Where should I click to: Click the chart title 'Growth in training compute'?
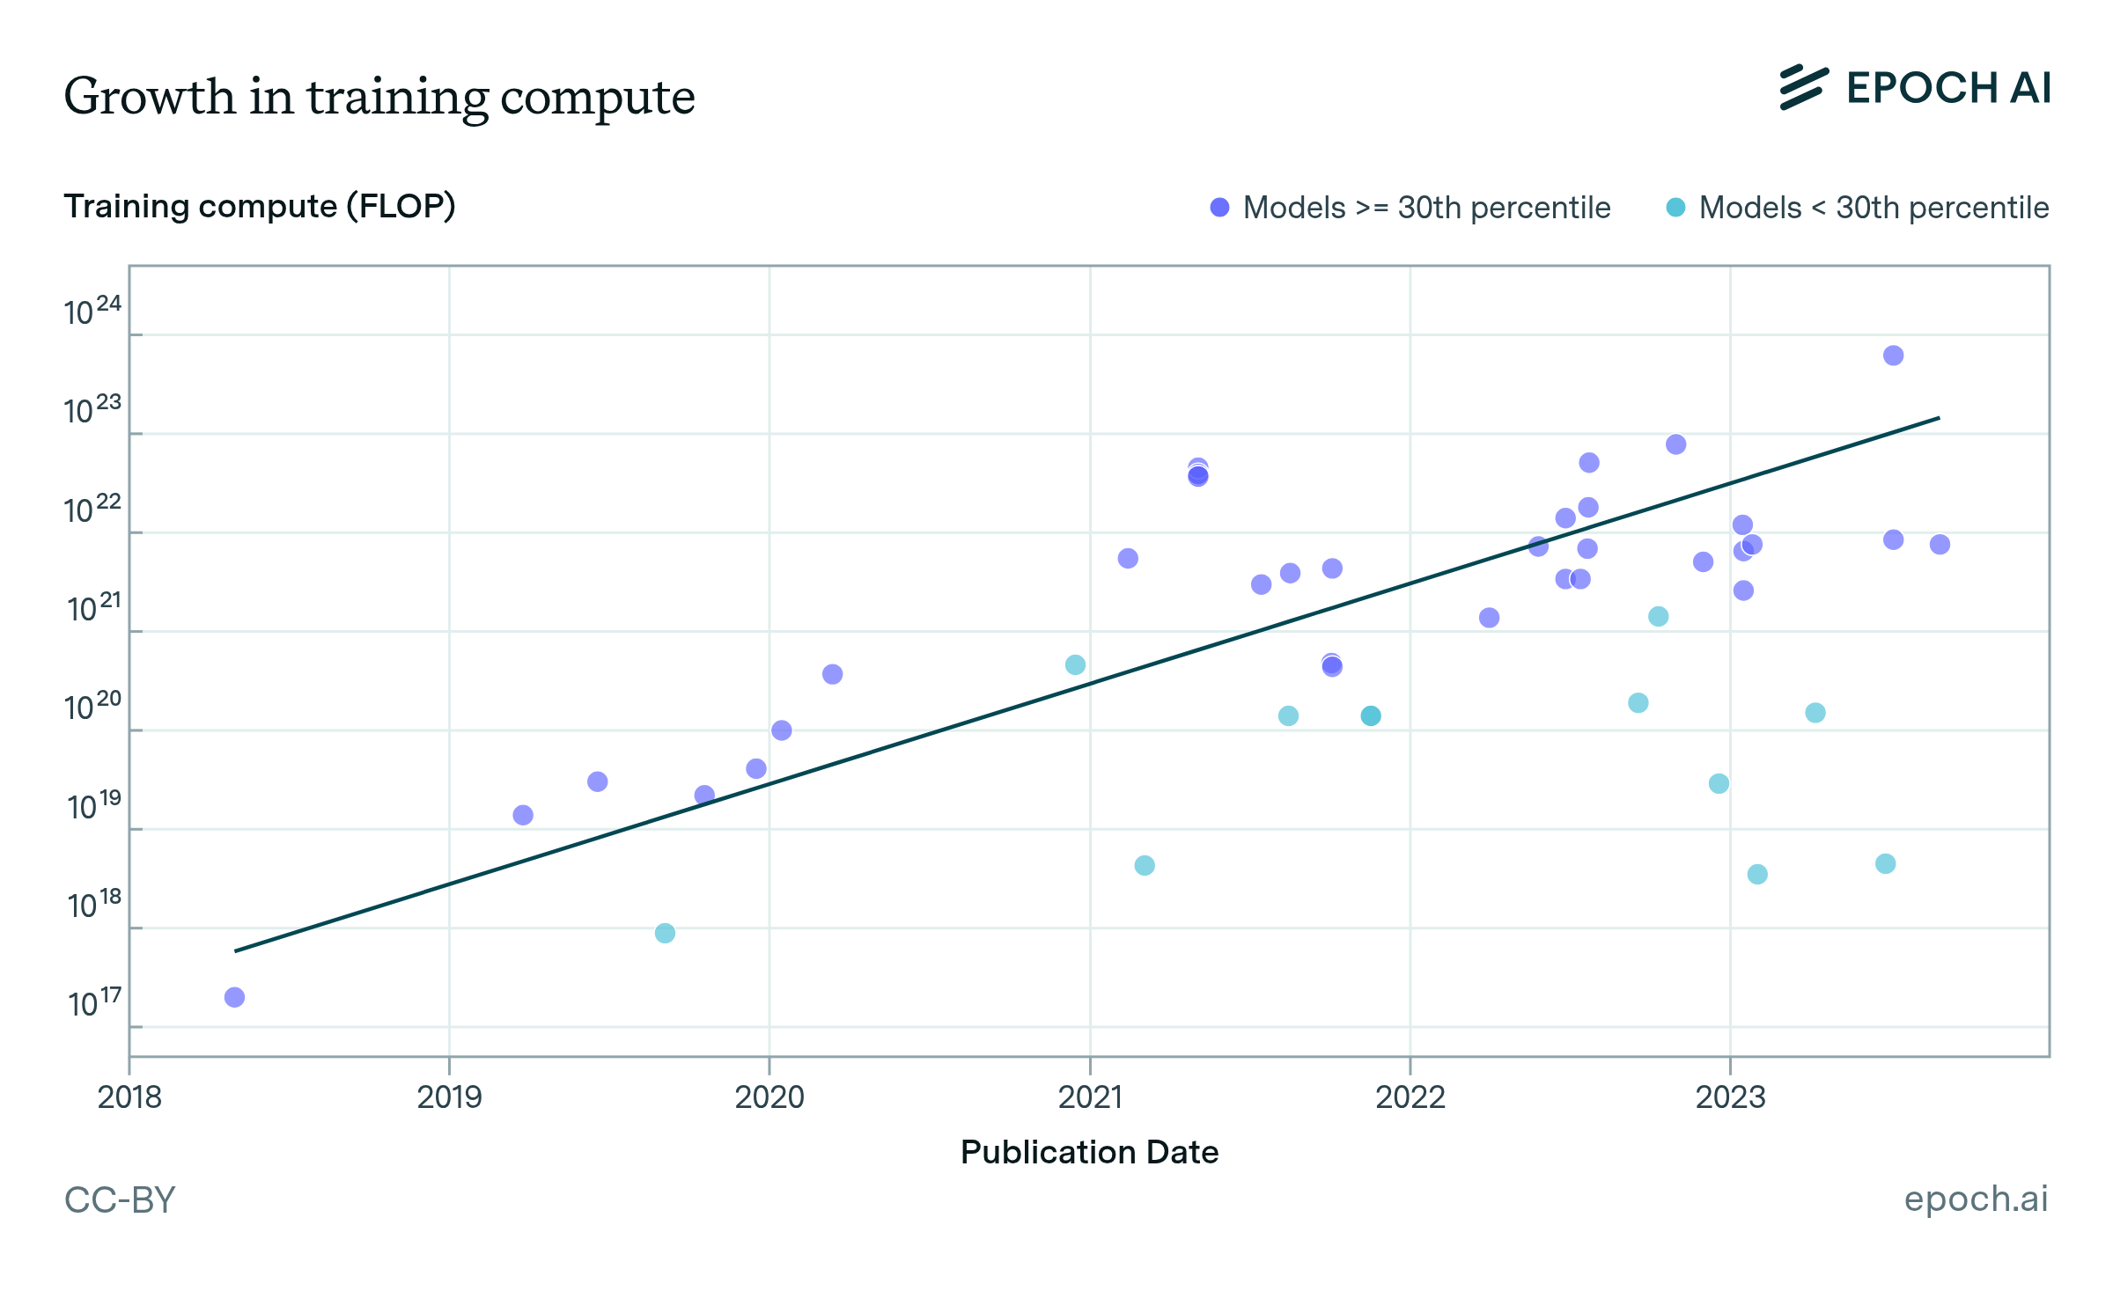tap(379, 97)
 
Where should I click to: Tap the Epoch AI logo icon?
tap(1803, 88)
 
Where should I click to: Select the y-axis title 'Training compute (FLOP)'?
tap(259, 206)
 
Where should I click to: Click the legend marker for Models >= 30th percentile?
tap(1219, 208)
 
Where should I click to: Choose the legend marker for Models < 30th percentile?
tap(1675, 208)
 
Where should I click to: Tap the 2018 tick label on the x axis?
tap(129, 1097)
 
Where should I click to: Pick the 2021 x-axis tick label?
tap(1090, 1097)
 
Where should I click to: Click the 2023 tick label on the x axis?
tap(1730, 1097)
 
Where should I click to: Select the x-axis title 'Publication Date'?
tap(1089, 1152)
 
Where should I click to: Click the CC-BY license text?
tap(120, 1199)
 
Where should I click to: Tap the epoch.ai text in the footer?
tap(1976, 1199)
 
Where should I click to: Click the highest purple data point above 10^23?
tap(1893, 356)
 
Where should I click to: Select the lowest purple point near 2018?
tap(234, 997)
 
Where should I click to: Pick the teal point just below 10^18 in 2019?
tap(665, 933)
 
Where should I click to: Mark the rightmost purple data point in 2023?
tap(1940, 545)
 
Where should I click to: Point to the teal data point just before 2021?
tap(1075, 664)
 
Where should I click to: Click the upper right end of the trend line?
tap(1939, 418)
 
